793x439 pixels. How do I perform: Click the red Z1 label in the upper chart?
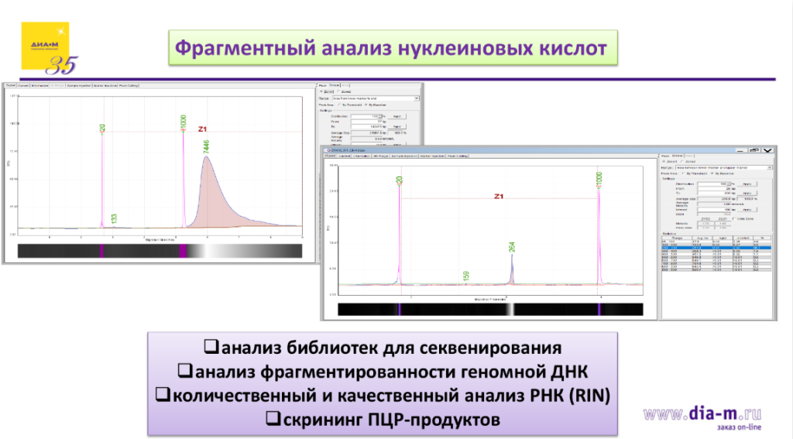click(x=204, y=129)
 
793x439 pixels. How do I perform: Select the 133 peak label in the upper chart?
click(x=114, y=219)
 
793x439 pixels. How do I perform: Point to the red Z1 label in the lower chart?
click(x=499, y=196)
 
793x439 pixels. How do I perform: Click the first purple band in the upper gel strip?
click(x=101, y=251)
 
